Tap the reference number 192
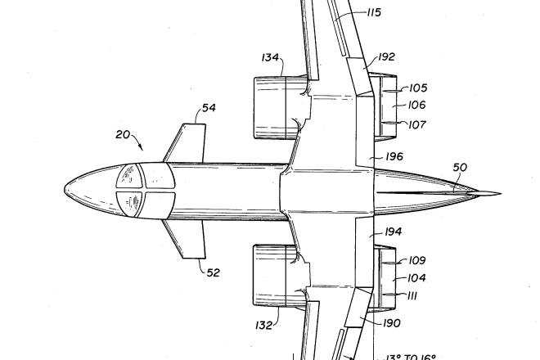point(386,57)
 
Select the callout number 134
point(271,57)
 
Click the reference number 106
point(417,106)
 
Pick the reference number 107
point(417,124)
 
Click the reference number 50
point(460,168)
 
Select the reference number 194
point(393,232)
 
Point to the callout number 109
point(417,261)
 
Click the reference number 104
point(417,278)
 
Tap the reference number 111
point(413,296)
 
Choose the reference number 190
point(391,323)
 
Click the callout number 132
point(263,326)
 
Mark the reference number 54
point(209,107)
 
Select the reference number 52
point(212,273)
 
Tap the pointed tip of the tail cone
point(498,195)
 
